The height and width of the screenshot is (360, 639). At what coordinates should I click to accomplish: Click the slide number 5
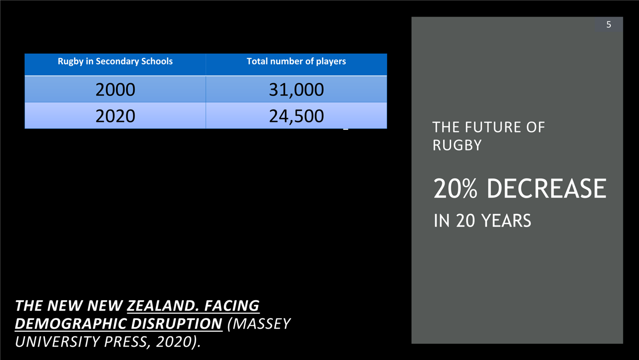point(609,24)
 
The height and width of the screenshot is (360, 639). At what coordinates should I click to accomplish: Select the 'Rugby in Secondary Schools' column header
point(115,61)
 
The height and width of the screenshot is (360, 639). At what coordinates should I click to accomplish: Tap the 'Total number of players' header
point(296,61)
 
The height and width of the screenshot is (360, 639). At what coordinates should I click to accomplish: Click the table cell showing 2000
point(115,89)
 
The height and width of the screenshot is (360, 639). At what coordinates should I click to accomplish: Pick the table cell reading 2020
point(115,116)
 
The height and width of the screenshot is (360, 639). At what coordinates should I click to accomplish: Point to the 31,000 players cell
point(296,90)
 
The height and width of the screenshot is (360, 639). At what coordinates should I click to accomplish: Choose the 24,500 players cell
point(296,116)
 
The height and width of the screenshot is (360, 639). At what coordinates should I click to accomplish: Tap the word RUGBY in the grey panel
point(457,145)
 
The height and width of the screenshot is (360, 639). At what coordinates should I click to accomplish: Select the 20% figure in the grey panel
point(455,188)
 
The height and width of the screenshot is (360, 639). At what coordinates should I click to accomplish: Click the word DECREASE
point(546,188)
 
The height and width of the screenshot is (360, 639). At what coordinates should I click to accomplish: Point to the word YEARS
point(506,221)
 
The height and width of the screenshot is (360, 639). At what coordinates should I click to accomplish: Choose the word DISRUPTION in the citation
point(177,324)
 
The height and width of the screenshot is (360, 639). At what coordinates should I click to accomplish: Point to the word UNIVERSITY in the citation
point(57,342)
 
